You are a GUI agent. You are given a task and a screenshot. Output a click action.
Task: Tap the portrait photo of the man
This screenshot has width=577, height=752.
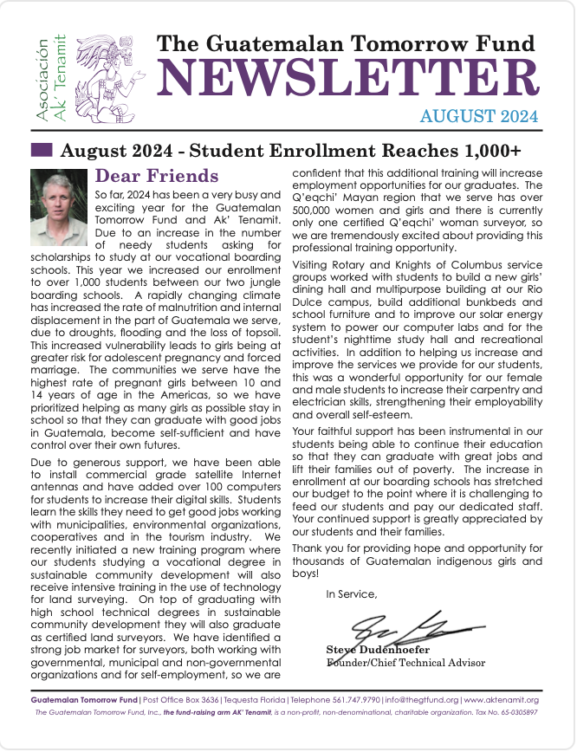(x=59, y=207)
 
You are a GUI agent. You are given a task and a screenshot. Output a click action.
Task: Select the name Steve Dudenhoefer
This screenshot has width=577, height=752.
(x=377, y=650)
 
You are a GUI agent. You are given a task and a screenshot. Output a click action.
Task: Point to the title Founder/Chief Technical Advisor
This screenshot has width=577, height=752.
(x=405, y=663)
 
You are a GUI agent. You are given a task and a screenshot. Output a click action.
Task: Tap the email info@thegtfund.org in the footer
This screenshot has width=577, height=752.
(x=422, y=699)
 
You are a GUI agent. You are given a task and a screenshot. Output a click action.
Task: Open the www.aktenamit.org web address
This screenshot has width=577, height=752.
(x=502, y=699)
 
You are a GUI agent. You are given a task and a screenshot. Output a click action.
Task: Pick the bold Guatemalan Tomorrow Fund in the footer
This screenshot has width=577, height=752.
(x=83, y=699)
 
